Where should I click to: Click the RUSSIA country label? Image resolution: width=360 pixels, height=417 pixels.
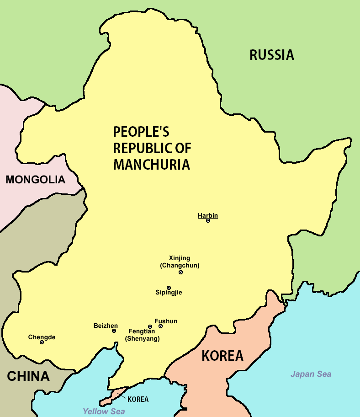(x=271, y=55)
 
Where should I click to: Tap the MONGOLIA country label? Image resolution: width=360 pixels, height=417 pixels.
(x=35, y=180)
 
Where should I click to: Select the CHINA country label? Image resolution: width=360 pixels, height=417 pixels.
(x=28, y=376)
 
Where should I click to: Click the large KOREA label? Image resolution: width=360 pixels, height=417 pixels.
(x=222, y=356)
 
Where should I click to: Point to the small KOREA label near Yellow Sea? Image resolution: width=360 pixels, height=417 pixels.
(x=138, y=399)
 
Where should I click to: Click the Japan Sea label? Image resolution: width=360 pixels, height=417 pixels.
(x=311, y=374)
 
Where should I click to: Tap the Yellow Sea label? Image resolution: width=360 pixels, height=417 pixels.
(x=103, y=411)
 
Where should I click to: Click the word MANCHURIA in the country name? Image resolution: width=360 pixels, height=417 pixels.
(x=151, y=165)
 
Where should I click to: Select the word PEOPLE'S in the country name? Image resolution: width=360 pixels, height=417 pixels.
(x=141, y=133)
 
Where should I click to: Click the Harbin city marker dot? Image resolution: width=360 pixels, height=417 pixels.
(x=208, y=220)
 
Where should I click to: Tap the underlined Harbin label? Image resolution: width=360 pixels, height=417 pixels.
(x=208, y=215)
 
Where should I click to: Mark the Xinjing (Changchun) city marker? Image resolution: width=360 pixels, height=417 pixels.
(x=180, y=272)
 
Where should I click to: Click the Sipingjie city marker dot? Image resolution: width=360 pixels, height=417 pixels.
(x=169, y=288)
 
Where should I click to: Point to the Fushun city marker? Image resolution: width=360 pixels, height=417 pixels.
(x=160, y=326)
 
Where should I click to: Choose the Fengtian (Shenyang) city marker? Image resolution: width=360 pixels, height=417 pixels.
(x=150, y=327)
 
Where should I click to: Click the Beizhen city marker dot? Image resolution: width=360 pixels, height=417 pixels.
(x=114, y=331)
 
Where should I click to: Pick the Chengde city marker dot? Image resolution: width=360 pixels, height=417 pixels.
(x=42, y=342)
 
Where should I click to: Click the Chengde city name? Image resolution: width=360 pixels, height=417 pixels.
(x=42, y=337)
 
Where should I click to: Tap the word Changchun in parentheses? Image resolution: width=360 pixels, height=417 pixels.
(x=180, y=265)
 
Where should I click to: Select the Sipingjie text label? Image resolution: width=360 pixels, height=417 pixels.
(x=169, y=293)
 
